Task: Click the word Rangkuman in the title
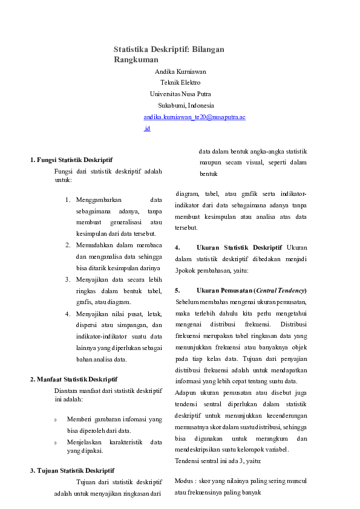coord(136,60)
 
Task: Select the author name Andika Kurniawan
coord(180,71)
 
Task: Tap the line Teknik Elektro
coord(180,82)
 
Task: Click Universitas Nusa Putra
coord(180,94)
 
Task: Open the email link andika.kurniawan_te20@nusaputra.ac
coord(194,117)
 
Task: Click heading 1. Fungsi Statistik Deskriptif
coord(71,160)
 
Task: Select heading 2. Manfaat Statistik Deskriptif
coord(74,379)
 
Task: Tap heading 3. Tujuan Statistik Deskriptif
coord(72,470)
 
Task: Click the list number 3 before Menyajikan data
coord(67,279)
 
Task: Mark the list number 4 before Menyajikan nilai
coord(67,314)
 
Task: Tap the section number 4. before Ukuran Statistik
coord(177,247)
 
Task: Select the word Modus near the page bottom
coord(184,481)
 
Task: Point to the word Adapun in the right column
coord(185,393)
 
